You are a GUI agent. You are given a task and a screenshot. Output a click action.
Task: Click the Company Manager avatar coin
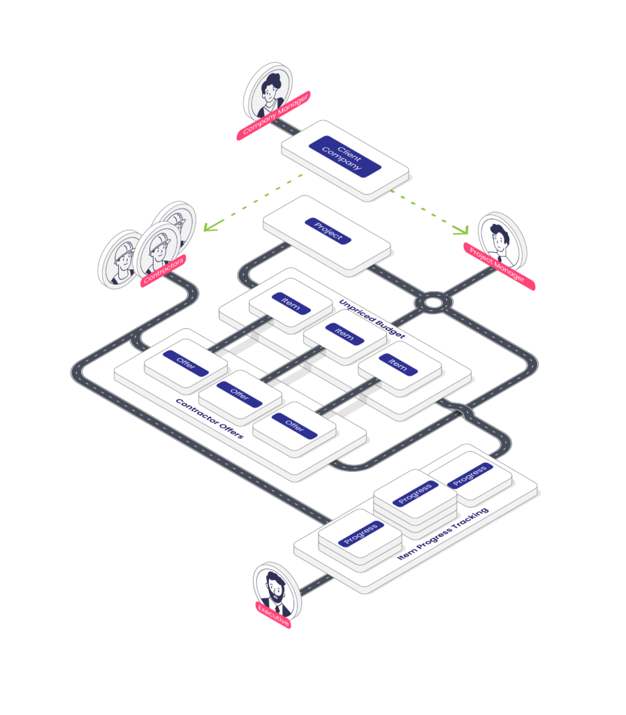[x=268, y=92]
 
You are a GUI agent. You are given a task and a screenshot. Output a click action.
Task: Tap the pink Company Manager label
[x=273, y=115]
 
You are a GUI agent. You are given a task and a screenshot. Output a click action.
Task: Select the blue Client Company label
[x=345, y=156]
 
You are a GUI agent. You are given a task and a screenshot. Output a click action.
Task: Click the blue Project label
[x=328, y=230]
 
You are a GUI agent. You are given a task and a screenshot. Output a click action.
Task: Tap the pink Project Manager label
[x=499, y=266]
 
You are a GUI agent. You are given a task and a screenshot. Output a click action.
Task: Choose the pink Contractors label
[x=163, y=271]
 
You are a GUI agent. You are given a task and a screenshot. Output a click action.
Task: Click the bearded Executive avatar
[x=277, y=590]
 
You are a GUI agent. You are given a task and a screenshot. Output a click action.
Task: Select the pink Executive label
[x=273, y=614]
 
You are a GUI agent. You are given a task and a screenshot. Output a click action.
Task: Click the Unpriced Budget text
[x=372, y=318]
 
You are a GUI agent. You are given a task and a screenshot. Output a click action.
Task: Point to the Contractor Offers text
[x=210, y=419]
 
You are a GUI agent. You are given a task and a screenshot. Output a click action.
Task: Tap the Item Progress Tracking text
[x=443, y=533]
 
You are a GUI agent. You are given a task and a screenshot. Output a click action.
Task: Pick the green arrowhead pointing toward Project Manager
[x=462, y=229]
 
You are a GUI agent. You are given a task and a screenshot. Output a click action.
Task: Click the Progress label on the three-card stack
[x=415, y=494]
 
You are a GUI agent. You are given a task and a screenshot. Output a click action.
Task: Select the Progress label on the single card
[x=470, y=475]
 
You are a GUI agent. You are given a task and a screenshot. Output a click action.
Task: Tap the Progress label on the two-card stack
[x=361, y=533]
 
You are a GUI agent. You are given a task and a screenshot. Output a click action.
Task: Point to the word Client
[x=349, y=154]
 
